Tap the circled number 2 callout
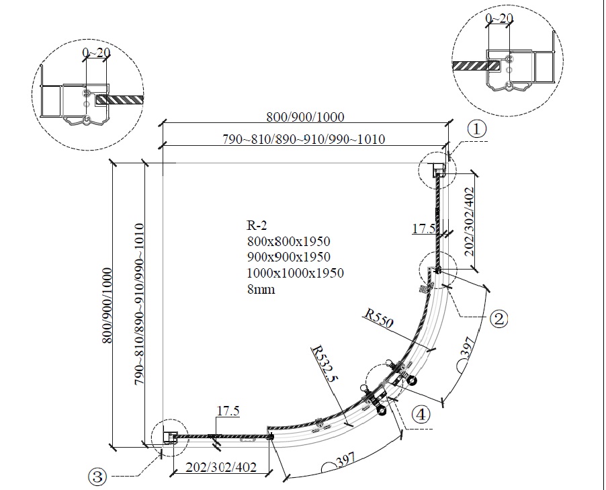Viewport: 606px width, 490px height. point(498,318)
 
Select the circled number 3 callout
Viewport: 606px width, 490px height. point(97,477)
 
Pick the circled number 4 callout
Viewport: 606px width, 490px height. point(420,415)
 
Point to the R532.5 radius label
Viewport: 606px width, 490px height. point(324,367)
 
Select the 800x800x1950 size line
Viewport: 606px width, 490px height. point(288,241)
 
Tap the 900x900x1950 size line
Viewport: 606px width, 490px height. point(288,257)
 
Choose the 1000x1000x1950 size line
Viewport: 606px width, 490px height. point(295,274)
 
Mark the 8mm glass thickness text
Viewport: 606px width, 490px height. point(261,290)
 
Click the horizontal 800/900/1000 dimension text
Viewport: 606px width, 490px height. point(305,117)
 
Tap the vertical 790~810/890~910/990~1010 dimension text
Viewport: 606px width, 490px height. point(138,304)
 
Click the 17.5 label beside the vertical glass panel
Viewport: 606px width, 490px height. point(423,229)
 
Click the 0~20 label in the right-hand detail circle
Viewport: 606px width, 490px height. point(498,19)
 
